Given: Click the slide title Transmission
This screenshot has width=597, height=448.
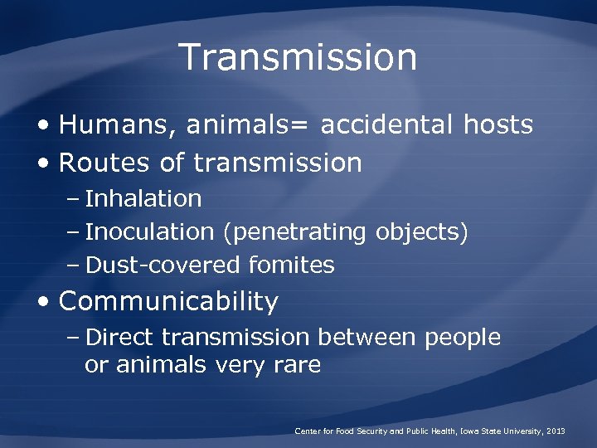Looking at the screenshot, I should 298,57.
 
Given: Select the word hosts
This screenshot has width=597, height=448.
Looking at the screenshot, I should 498,125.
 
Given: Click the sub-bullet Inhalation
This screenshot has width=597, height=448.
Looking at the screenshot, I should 143,199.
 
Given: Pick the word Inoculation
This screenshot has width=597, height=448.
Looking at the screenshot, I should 149,232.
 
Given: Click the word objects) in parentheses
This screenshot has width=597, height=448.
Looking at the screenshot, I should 422,233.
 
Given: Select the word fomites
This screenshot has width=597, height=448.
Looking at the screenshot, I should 290,265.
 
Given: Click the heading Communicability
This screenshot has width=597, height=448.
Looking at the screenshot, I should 168,301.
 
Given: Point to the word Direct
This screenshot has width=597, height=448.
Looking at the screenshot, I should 120,338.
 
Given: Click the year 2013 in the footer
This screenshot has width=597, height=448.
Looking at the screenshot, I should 555,431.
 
